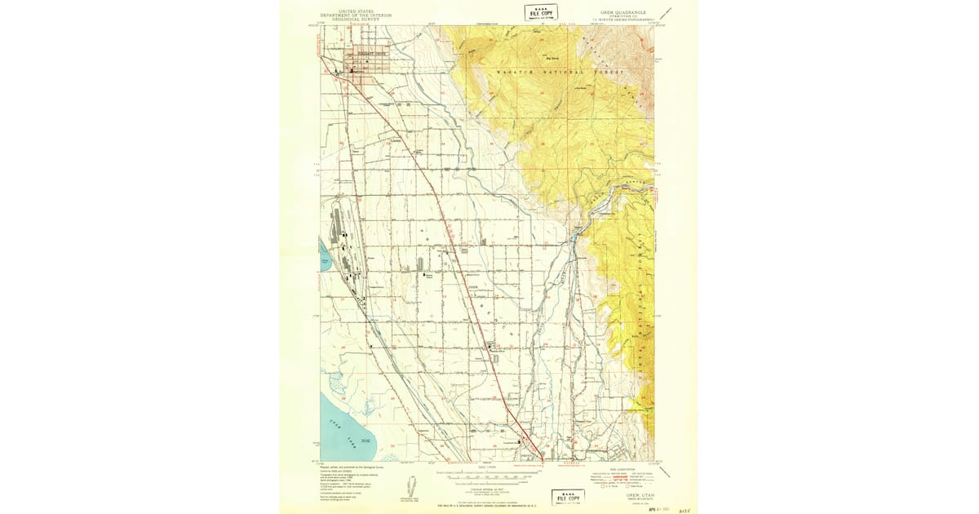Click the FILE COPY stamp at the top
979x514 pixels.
(x=541, y=12)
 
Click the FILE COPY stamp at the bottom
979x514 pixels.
(x=569, y=496)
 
